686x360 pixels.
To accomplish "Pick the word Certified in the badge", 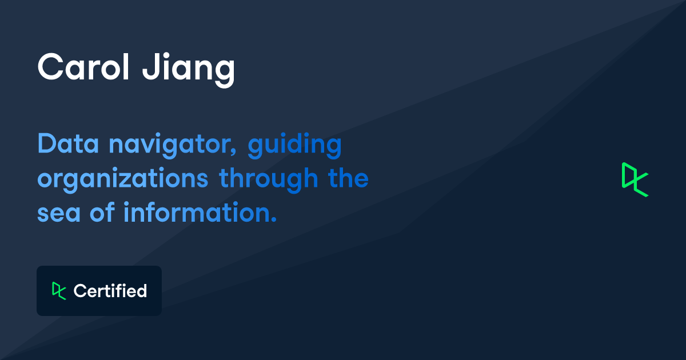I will tap(110, 291).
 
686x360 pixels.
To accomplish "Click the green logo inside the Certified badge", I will tap(59, 291).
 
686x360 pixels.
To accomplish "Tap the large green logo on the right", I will tap(635, 179).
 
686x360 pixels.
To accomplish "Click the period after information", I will tap(273, 221).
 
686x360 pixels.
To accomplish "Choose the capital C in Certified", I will tap(79, 291).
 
